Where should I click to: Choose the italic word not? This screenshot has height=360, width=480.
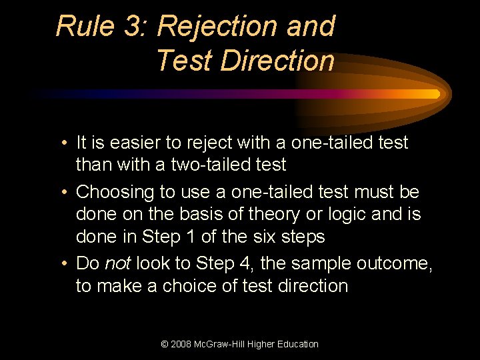click(x=117, y=263)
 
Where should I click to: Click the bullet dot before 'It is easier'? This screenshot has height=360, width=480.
click(x=62, y=143)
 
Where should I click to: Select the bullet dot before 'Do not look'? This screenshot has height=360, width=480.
click(x=62, y=264)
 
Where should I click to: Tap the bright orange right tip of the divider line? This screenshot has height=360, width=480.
click(x=436, y=94)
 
